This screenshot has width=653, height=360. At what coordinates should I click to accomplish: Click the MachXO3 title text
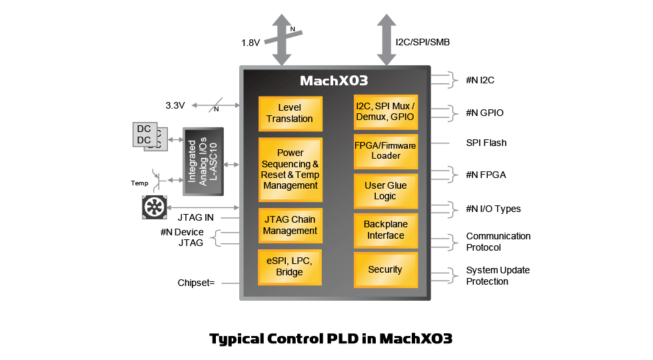coord(334,81)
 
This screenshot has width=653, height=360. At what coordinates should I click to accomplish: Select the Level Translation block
coord(290,113)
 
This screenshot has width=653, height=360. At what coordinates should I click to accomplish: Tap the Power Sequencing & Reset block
coord(290,169)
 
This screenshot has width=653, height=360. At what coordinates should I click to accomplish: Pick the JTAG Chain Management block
coord(290,225)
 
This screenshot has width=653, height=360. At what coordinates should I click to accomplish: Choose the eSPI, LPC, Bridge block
coord(290,267)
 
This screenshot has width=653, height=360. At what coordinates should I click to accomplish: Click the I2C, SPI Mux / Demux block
coord(385,112)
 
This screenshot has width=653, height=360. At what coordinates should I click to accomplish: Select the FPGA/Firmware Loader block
coord(385,151)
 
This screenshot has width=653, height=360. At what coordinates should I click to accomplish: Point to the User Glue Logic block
coord(385,191)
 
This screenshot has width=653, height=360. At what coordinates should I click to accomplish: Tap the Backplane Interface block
coord(385,230)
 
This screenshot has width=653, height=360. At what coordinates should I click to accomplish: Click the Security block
coord(385,270)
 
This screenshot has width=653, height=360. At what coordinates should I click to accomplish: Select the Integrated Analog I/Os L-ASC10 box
coord(203,161)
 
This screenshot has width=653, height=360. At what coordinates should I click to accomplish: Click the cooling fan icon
coord(153,207)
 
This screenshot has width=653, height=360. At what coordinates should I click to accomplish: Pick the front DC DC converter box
coord(144,135)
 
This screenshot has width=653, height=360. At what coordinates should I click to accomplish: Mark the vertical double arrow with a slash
coord(281,40)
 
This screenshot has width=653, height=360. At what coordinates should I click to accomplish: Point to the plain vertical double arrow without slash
coord(386,40)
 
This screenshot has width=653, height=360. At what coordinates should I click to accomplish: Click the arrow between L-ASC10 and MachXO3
coord(231,164)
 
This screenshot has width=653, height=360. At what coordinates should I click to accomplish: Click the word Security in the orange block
coord(385,270)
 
